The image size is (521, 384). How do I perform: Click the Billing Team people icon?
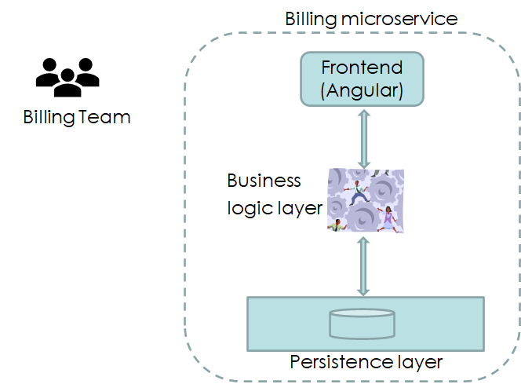click(67, 77)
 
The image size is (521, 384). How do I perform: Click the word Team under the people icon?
click(104, 118)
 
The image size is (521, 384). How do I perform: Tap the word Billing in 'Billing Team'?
click(49, 118)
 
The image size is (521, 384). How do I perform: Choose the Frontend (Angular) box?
click(362, 79)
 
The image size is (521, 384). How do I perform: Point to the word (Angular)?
click(362, 91)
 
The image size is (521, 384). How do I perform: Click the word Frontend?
click(362, 68)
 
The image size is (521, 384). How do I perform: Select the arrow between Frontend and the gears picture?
click(362, 137)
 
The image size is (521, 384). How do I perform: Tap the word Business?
click(264, 181)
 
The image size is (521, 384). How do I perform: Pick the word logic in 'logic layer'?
click(246, 208)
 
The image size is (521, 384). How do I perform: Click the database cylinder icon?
click(362, 323)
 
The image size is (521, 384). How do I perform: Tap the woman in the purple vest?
click(388, 217)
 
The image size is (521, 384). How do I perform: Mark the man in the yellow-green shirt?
click(338, 225)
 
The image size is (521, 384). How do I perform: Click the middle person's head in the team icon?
click(67, 74)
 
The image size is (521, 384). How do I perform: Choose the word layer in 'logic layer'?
click(296, 208)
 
